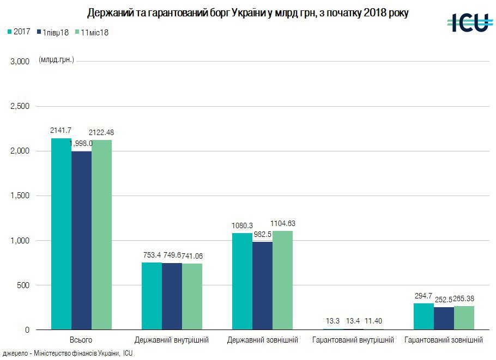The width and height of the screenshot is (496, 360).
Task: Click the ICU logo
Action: [468, 22]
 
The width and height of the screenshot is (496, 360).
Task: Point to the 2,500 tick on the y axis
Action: [20, 106]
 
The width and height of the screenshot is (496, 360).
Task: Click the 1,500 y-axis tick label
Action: [20, 196]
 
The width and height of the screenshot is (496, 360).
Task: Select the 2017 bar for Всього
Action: [61, 234]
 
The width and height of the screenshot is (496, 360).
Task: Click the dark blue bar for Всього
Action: [81, 240]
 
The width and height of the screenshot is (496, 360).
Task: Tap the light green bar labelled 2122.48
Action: [101, 235]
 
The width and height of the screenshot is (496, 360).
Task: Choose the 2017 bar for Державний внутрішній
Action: [152, 296]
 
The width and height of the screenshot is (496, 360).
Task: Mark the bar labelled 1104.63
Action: [282, 280]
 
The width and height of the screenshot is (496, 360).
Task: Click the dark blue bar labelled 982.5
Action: [262, 286]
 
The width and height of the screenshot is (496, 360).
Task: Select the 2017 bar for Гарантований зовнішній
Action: [424, 316]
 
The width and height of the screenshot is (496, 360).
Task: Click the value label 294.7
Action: [424, 296]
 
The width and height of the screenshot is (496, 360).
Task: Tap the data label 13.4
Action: [353, 321]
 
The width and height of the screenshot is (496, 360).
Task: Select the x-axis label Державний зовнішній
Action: [263, 340]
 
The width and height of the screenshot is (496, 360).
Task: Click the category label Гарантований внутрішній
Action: [353, 340]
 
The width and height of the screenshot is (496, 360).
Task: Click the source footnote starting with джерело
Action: [68, 353]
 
